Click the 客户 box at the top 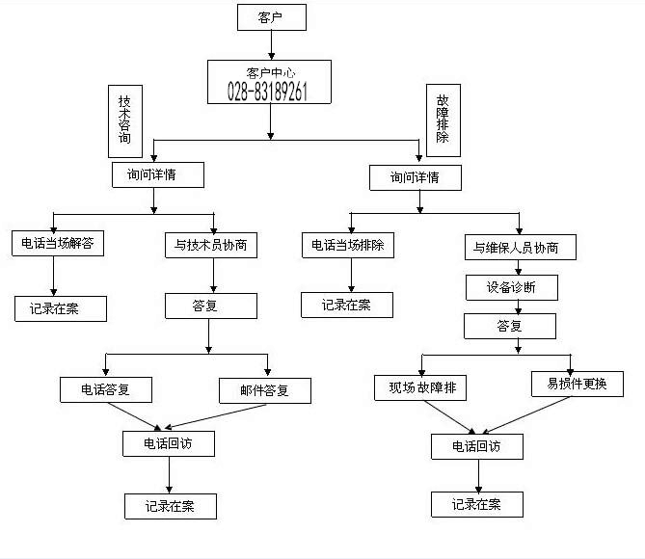coord(271,16)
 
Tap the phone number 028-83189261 coord(269,92)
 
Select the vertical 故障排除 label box coord(443,120)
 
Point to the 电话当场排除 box coord(348,245)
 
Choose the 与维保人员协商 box coord(520,248)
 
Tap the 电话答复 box coord(106,389)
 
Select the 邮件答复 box coord(264,390)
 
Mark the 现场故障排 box coord(420,387)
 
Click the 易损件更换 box coord(578,384)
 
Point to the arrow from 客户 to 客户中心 coord(271,44)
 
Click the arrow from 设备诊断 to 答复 coord(519,307)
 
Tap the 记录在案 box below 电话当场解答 coord(60,308)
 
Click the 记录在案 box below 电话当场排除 coord(347,306)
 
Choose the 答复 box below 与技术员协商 coord(210,306)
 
